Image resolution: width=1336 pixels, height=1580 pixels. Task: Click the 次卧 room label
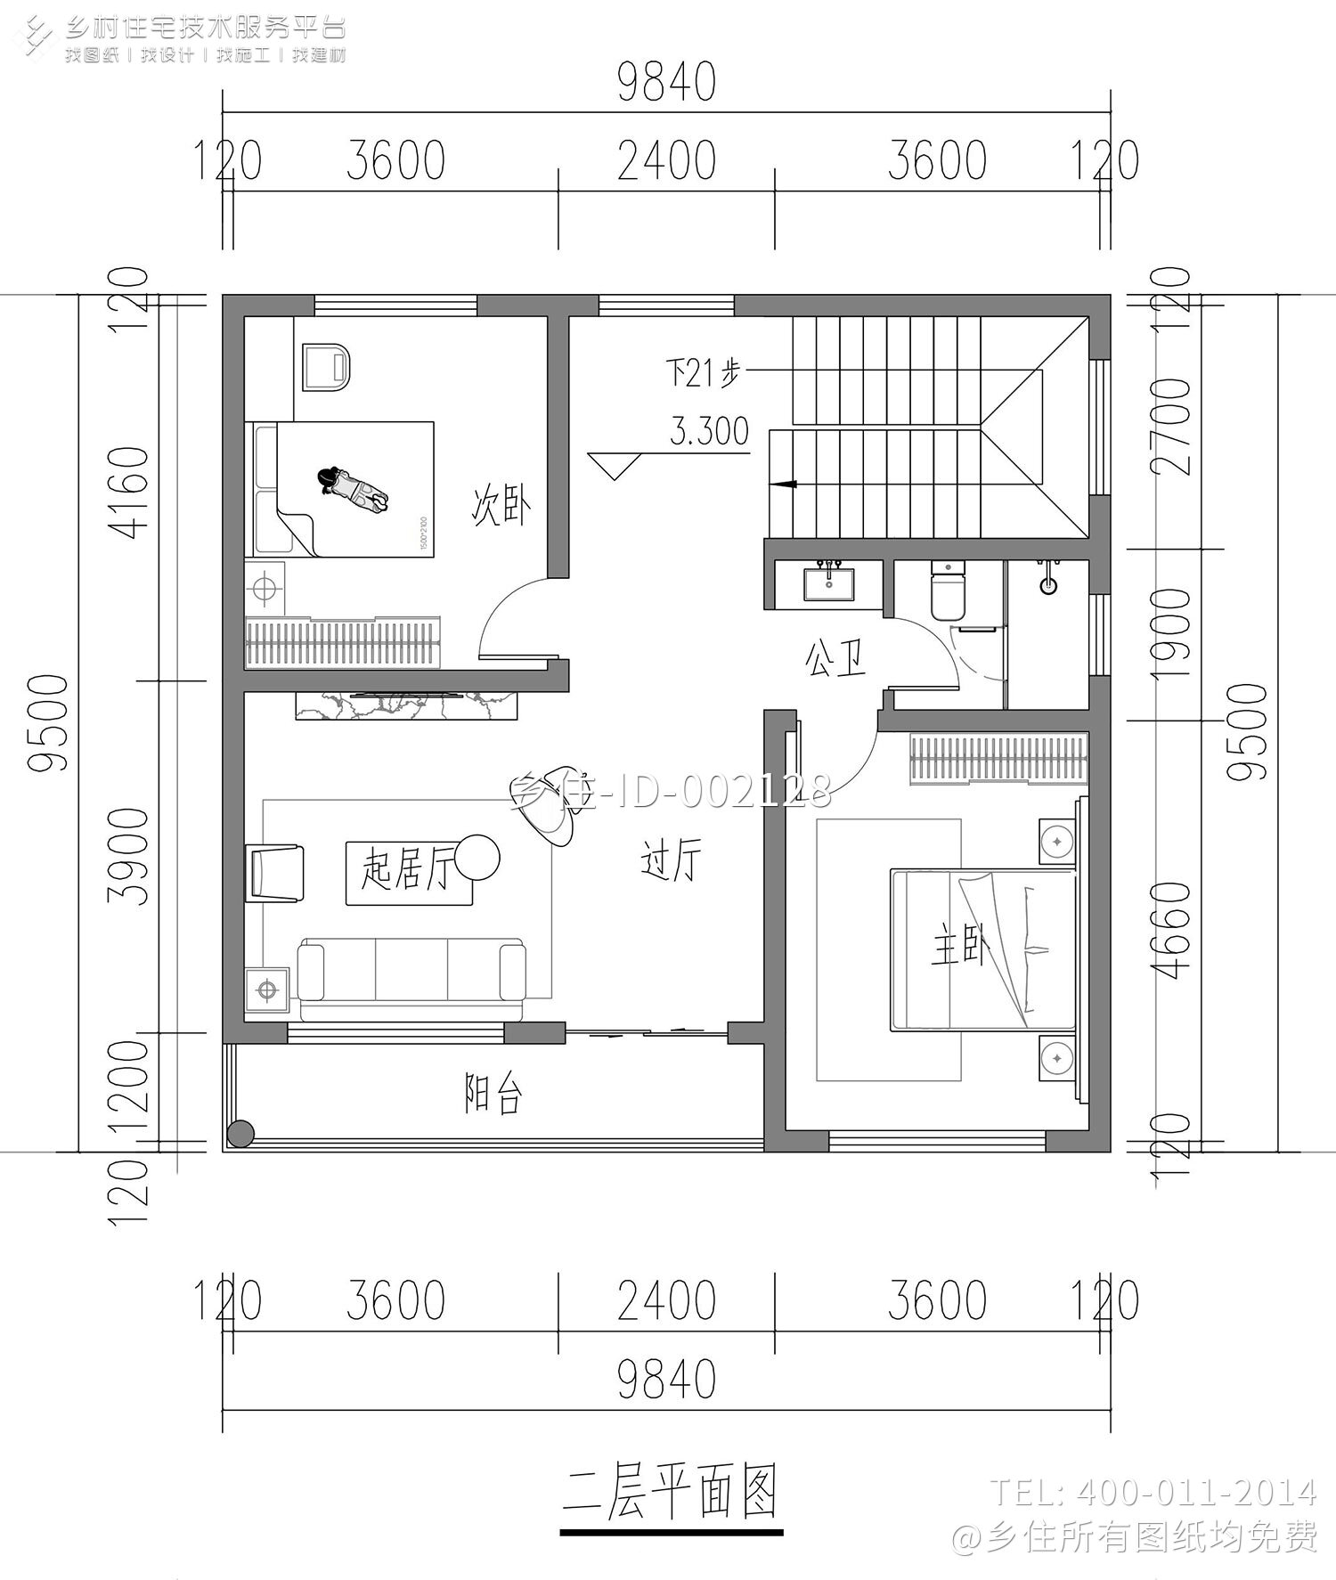[501, 505]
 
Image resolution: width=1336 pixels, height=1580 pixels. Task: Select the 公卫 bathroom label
[835, 660]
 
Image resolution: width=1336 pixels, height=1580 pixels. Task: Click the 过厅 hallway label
[671, 860]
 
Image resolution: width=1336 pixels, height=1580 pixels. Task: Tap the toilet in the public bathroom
[947, 592]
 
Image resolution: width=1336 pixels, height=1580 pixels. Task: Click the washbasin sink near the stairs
[829, 584]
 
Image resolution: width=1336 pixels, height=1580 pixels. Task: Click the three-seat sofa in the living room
[411, 977]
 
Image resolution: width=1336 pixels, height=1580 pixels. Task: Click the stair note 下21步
[702, 372]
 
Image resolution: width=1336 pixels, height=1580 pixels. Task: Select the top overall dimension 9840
[666, 84]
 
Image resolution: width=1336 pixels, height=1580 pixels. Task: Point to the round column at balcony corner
[240, 1133]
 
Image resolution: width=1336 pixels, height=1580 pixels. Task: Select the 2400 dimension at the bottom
[666, 1299]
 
